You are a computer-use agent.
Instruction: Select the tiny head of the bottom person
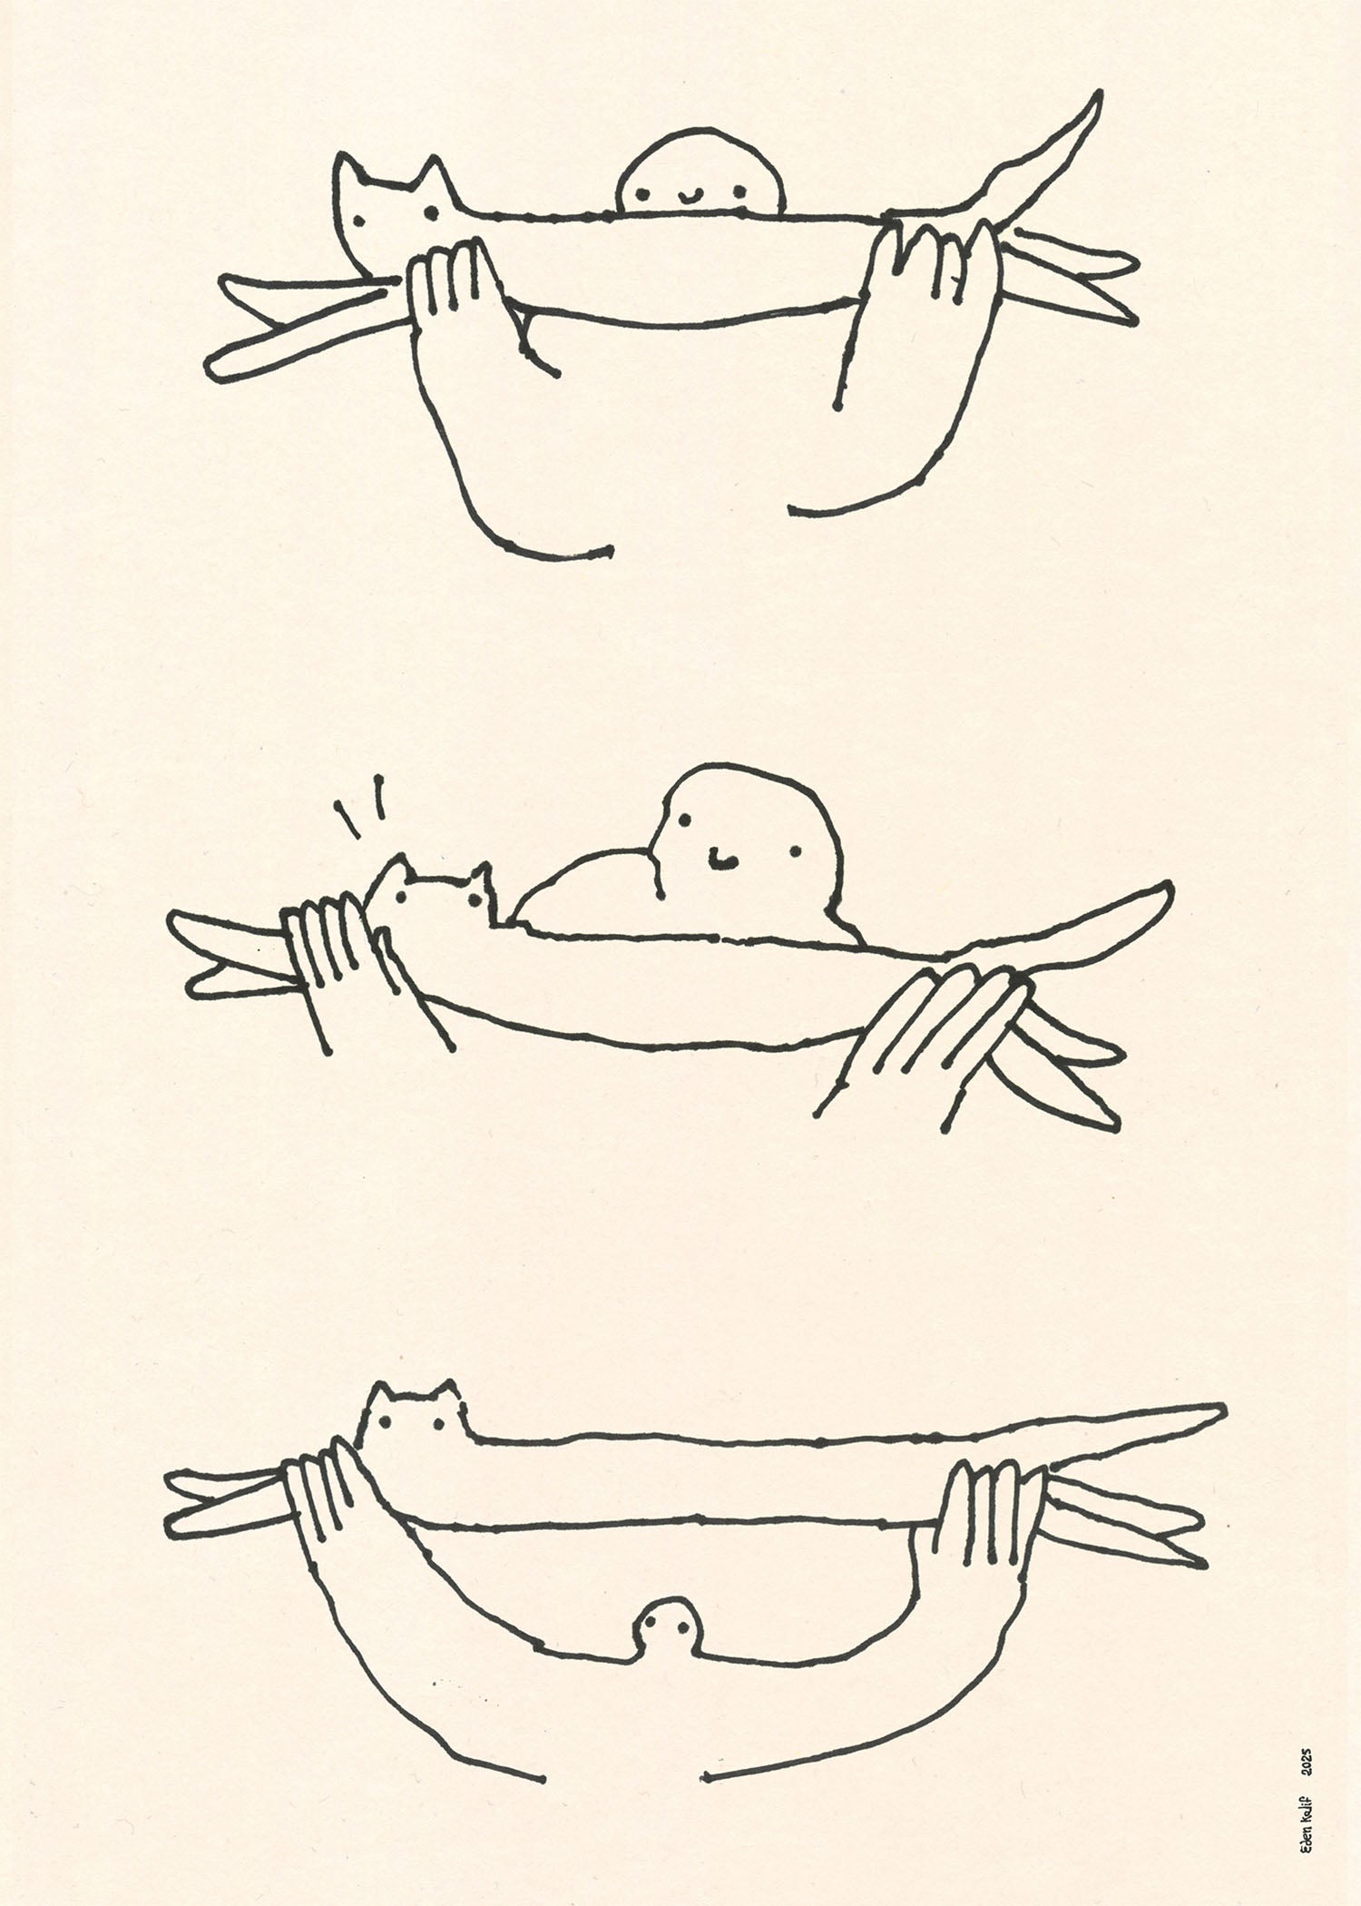coord(669,1629)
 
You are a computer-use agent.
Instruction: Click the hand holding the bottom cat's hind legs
coord(984,1511)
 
